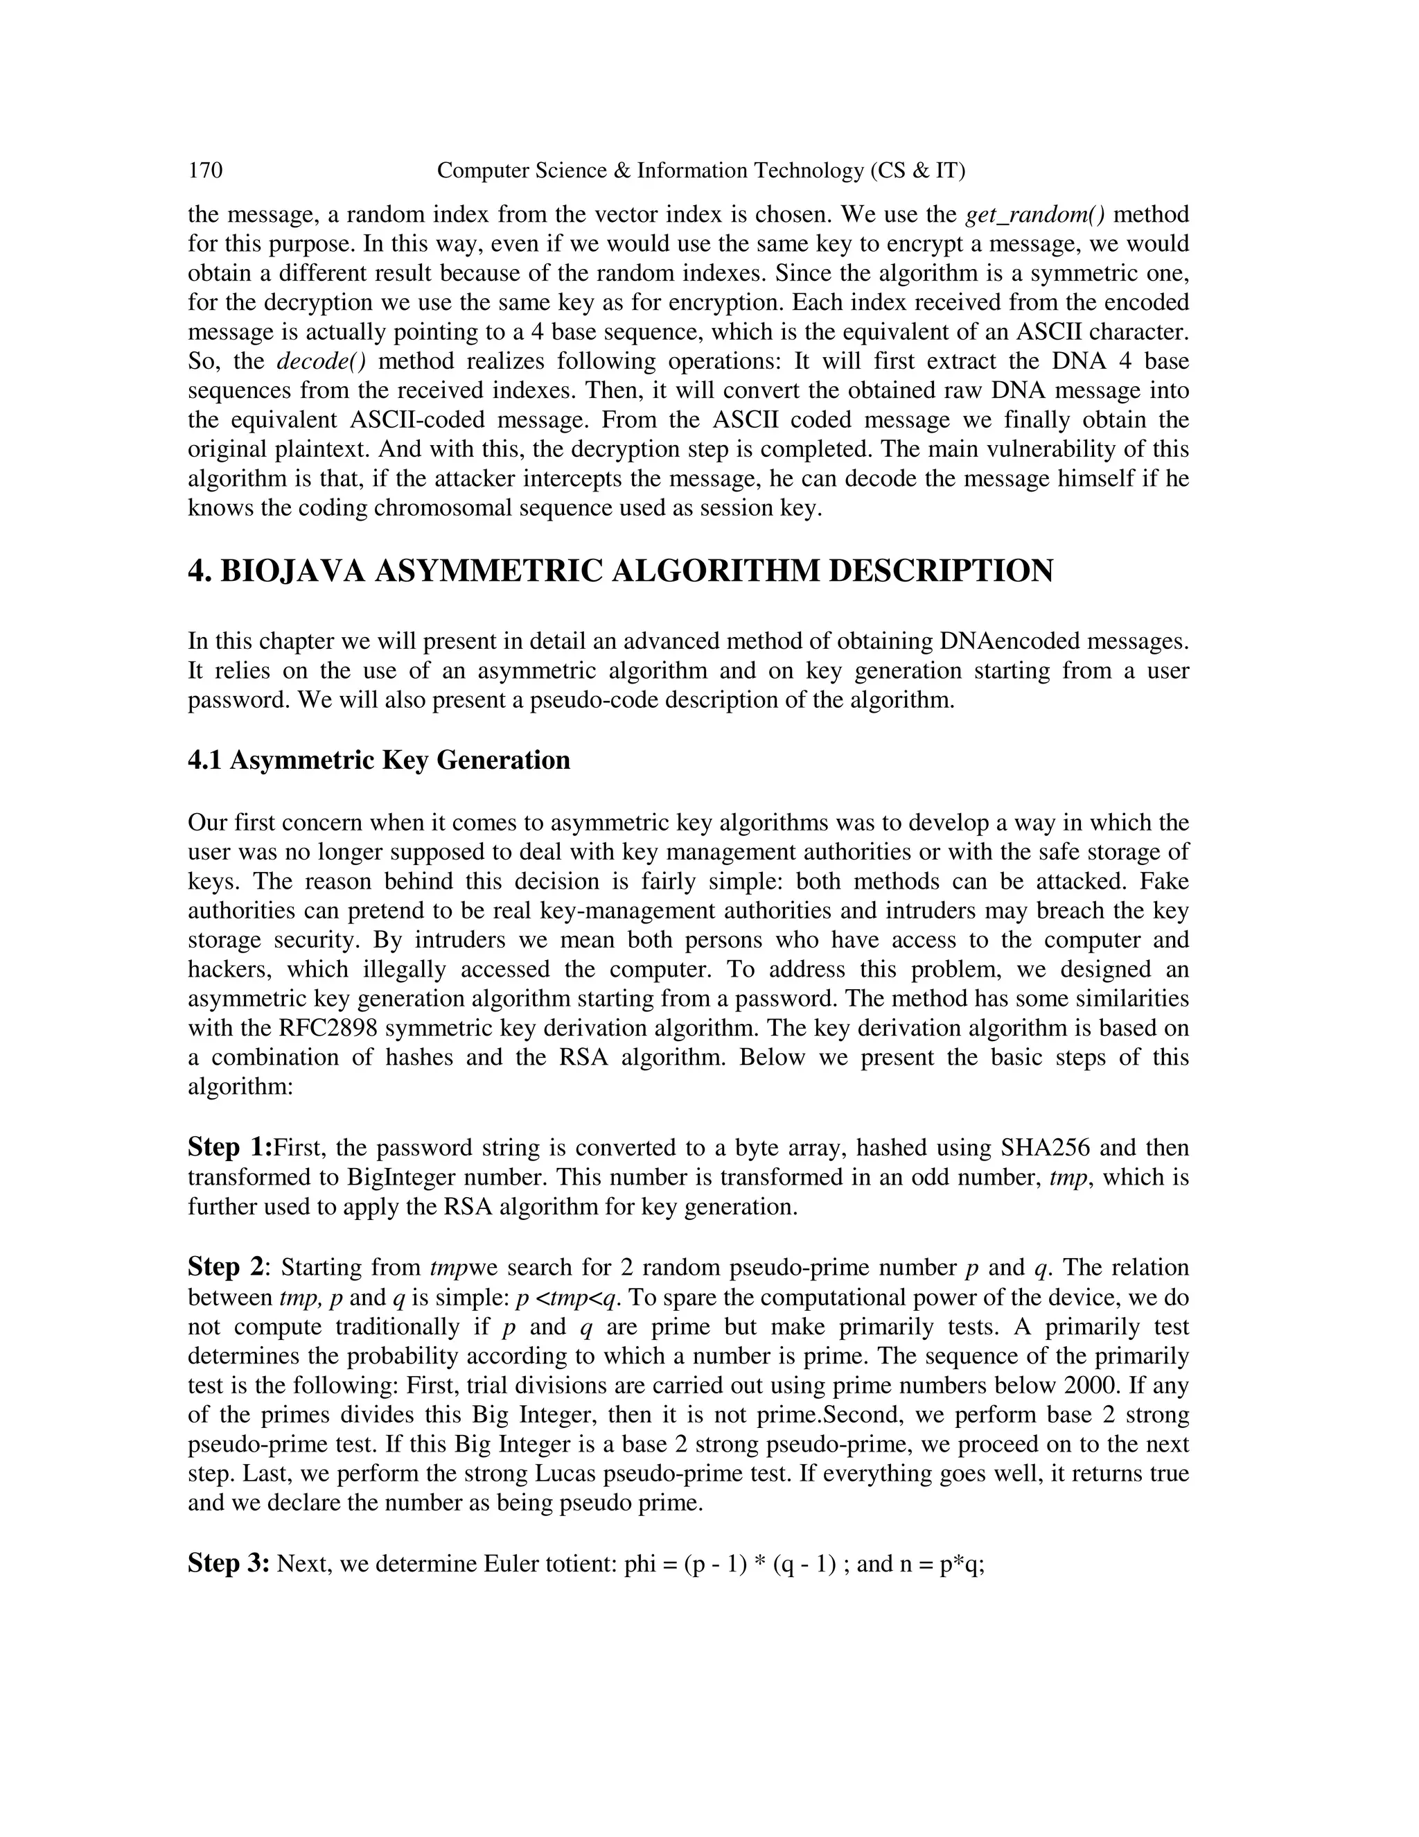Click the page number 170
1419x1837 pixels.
(x=205, y=171)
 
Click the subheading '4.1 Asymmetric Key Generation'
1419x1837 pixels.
(x=378, y=760)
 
